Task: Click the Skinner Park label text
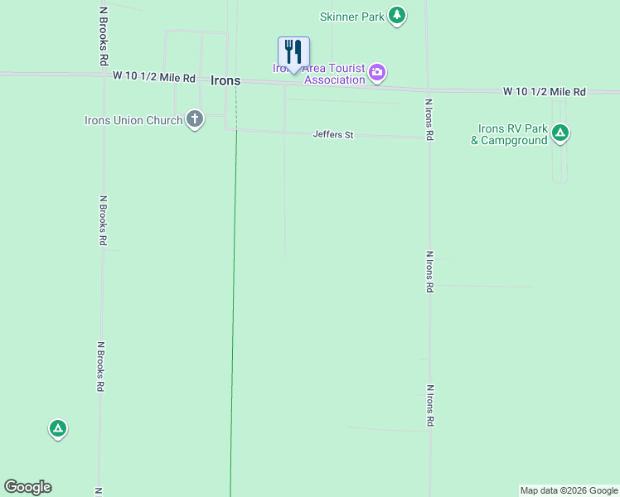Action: pos(351,17)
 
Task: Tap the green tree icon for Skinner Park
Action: pos(398,16)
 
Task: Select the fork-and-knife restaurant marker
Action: pos(293,52)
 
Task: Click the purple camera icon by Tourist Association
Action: pos(377,73)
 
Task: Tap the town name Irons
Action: pos(225,80)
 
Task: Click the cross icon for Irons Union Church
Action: pos(195,120)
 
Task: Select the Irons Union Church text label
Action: pos(133,120)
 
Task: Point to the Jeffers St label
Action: pos(333,134)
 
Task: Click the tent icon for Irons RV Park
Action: pos(560,132)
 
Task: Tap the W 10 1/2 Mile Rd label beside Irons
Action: pos(154,77)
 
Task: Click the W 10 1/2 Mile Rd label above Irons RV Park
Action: pos(544,91)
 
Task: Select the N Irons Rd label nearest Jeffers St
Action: pos(429,120)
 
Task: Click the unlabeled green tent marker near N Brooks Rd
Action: pos(57,428)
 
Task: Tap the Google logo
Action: pos(27,487)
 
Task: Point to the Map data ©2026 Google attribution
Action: pos(569,490)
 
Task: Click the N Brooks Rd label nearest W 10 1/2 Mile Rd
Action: pos(103,36)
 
